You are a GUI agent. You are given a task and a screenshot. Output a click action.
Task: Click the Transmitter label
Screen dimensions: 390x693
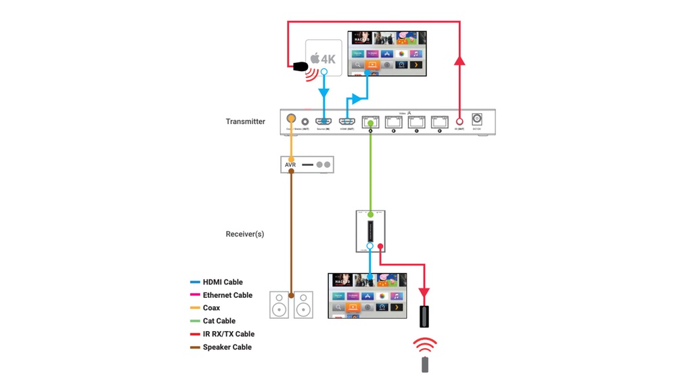245,122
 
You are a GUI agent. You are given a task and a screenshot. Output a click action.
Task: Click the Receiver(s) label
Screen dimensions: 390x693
244,234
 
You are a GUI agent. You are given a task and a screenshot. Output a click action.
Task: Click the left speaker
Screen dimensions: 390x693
279,305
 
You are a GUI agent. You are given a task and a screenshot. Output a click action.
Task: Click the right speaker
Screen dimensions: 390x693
304,305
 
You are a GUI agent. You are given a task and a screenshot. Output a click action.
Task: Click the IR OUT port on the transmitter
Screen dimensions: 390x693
460,122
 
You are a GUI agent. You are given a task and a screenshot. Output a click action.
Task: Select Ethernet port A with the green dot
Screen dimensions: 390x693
370,122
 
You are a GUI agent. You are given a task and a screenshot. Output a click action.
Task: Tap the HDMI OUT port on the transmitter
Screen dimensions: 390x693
347,122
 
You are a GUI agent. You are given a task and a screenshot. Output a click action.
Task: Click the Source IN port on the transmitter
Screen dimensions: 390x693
323,122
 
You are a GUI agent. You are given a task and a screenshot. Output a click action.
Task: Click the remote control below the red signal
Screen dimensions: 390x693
425,364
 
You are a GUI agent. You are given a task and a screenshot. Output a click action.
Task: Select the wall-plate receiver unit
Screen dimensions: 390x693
370,231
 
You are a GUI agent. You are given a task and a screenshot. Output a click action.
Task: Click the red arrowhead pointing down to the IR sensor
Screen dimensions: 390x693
424,293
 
